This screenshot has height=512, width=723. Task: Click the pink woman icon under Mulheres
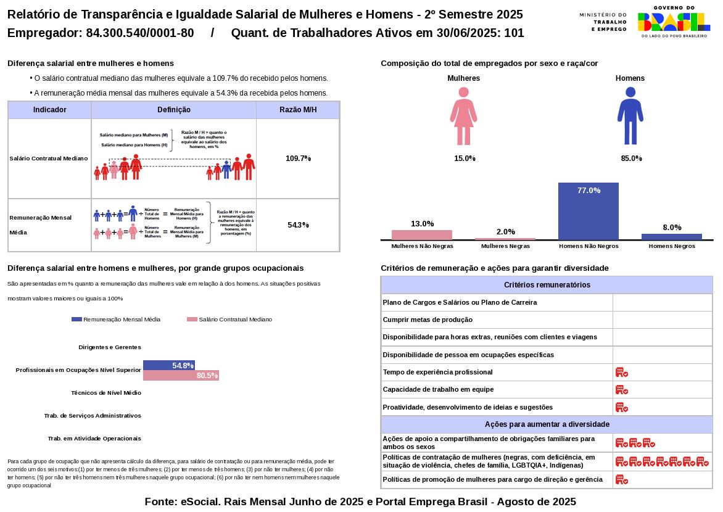coord(463,115)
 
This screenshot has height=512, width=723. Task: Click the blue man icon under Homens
coord(630,115)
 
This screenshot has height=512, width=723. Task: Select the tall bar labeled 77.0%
coord(589,211)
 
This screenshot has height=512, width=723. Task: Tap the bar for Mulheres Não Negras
coord(422,235)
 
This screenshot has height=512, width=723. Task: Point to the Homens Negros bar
coord(671,236)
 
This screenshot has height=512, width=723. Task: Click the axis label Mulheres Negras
coord(505,246)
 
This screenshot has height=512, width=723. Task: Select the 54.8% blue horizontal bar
coord(168,365)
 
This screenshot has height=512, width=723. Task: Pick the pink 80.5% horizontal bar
coord(181,376)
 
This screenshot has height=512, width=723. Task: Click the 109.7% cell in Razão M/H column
coord(298,159)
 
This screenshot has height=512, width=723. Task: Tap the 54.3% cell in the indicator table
coord(298,225)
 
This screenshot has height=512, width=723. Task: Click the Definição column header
coord(174,110)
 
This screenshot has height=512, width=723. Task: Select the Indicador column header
coord(50,110)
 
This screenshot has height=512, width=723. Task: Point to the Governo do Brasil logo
coord(674,22)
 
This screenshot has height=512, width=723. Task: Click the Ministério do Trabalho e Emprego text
coord(603,22)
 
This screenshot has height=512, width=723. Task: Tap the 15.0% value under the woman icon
coord(465,159)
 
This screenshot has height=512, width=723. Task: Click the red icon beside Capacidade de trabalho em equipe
coord(621,390)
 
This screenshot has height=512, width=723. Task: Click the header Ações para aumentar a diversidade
coord(547,424)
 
